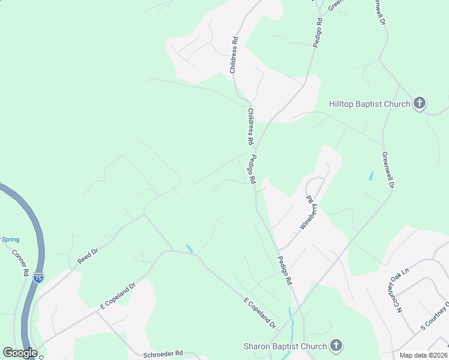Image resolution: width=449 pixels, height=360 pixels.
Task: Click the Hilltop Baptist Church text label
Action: pyautogui.click(x=369, y=104)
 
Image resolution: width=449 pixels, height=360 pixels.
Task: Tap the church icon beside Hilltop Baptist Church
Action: pyautogui.click(x=420, y=103)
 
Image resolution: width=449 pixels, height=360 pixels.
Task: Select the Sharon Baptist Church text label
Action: pyautogui.click(x=285, y=346)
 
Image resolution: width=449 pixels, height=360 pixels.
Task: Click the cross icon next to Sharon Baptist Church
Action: pyautogui.click(x=336, y=346)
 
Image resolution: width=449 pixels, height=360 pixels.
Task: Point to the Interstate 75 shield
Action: pyautogui.click(x=38, y=278)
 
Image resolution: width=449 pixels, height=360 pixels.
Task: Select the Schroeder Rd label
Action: pyautogui.click(x=163, y=354)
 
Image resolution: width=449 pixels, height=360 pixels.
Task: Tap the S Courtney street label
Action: pyautogui.click(x=433, y=317)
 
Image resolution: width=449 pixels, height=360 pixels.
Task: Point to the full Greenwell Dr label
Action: pyautogui.click(x=388, y=170)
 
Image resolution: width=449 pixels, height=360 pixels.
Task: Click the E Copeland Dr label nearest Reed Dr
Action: pyautogui.click(x=119, y=295)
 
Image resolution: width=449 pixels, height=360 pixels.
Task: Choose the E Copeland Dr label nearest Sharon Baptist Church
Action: pyautogui.click(x=259, y=313)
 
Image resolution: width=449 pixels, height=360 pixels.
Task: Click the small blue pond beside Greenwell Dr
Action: pyautogui.click(x=370, y=176)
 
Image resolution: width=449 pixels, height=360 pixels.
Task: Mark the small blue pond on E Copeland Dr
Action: pyautogui.click(x=190, y=248)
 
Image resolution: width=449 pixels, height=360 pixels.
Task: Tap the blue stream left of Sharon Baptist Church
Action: pyautogui.click(x=291, y=324)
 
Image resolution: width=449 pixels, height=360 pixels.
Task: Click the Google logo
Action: pyautogui.click(x=20, y=353)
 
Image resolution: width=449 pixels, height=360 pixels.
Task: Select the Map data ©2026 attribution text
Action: pyautogui.click(x=423, y=355)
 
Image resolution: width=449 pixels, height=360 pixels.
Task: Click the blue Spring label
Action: pyautogui.click(x=10, y=239)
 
